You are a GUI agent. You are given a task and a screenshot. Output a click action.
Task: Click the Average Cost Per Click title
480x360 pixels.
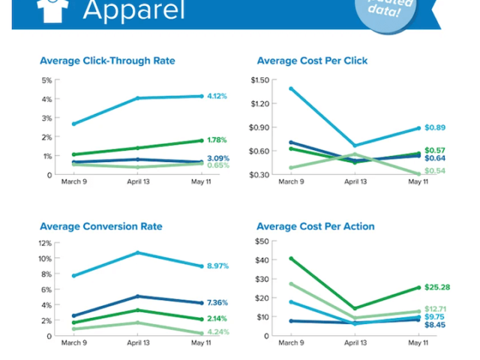pos(312,61)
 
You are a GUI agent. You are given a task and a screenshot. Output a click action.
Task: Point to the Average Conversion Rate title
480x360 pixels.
pos(101,226)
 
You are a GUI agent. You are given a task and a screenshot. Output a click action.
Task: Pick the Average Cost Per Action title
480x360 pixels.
pos(316,226)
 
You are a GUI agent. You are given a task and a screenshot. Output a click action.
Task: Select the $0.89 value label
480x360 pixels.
pos(435,128)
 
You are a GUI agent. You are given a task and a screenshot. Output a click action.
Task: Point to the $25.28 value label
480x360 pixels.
pos(437,287)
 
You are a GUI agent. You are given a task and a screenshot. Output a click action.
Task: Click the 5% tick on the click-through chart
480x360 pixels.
pos(46,80)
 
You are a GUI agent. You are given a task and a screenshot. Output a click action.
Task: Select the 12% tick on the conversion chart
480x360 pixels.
pos(45,243)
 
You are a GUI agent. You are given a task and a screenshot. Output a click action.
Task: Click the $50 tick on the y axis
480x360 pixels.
pos(262,241)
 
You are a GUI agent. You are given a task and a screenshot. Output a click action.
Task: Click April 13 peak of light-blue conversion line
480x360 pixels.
pos(137,253)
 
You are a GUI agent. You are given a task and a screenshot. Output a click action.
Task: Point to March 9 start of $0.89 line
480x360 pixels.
pos(290,88)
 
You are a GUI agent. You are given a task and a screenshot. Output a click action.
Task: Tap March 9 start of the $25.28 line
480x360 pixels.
pos(290,259)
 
